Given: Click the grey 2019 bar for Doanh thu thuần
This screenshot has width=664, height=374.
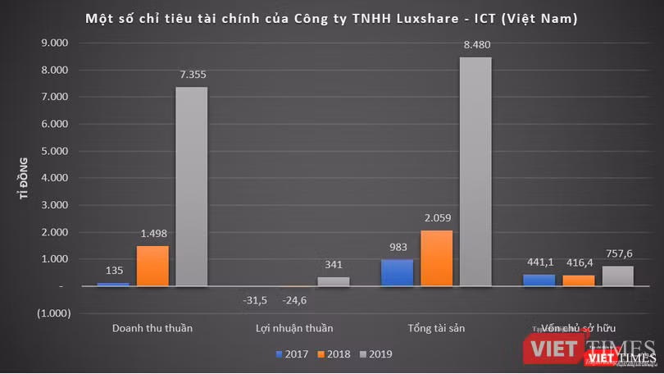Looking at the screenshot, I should click(x=192, y=187).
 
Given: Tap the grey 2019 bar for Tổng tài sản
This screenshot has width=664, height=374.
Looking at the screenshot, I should click(x=475, y=171).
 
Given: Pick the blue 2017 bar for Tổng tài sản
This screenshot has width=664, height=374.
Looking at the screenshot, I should click(x=397, y=273).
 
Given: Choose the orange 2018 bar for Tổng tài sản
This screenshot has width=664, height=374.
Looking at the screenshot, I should click(x=436, y=258).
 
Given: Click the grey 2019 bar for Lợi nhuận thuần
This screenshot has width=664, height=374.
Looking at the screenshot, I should click(x=333, y=281).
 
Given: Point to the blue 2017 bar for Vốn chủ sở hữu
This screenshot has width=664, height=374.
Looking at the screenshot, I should click(x=539, y=280).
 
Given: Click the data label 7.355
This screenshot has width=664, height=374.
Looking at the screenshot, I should click(x=192, y=75).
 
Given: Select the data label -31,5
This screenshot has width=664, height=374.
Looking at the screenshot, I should click(x=256, y=299).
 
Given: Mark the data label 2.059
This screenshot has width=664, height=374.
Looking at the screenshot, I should click(x=436, y=218).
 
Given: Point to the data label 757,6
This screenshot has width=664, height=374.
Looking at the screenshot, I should click(x=618, y=253).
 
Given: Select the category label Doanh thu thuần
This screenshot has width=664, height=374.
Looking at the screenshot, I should click(x=152, y=329).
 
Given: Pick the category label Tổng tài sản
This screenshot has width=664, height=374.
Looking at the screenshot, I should click(x=435, y=329).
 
